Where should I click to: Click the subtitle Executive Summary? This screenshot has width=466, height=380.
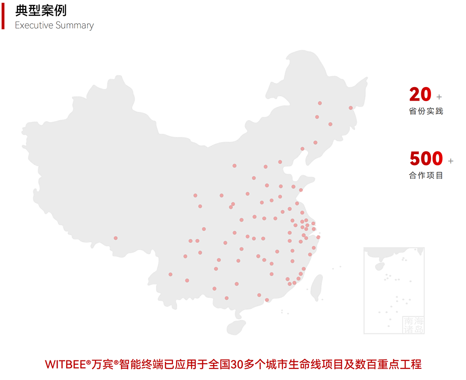(54, 26)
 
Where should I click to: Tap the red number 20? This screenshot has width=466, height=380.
(420, 95)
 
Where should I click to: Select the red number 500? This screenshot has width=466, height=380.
(426, 159)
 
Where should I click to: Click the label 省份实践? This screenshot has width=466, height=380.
(426, 111)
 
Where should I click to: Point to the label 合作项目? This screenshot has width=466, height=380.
(426, 176)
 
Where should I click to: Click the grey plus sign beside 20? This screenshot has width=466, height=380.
(439, 97)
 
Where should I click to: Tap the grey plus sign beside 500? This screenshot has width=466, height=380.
(450, 161)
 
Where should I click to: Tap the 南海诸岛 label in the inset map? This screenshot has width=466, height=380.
(413, 325)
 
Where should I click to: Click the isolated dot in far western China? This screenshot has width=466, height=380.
(116, 238)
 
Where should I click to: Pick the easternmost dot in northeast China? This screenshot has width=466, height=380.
(350, 108)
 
